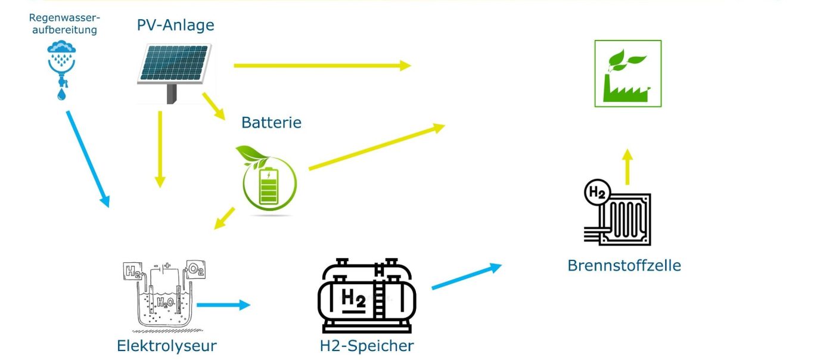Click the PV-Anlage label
tap(176, 26)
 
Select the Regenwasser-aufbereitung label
tap(64, 24)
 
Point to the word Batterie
tap(272, 123)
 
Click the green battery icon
tap(267, 180)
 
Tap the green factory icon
tap(628, 73)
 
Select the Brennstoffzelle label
tap(624, 265)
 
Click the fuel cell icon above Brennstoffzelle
tap(617, 212)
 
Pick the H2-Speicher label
tap(366, 346)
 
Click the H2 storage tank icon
tap(367, 296)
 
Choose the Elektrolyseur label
tap(167, 346)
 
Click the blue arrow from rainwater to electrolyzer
tap(88, 159)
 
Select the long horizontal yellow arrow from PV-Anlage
tap(322, 66)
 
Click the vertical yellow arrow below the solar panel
tap(160, 150)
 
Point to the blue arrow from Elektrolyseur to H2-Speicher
tap(223, 305)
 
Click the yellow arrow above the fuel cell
tap(627, 167)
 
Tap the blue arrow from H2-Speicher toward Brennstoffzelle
tap(467, 277)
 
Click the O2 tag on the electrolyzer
tap(195, 269)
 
